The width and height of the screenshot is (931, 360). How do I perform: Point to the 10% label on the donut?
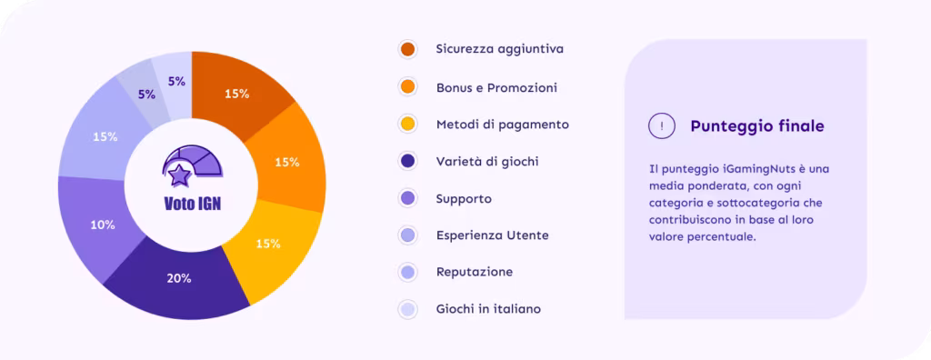[103, 225]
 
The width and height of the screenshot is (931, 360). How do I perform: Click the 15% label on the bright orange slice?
[286, 162]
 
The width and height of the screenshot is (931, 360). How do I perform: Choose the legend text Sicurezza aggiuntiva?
[499, 49]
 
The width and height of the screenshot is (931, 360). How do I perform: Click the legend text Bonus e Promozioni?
[496, 88]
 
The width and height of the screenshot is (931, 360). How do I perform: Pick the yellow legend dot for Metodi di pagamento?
[407, 125]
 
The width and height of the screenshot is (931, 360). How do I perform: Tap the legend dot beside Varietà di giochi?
[407, 161]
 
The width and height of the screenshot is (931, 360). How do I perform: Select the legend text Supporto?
[464, 199]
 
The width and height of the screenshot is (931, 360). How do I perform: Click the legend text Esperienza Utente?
[492, 235]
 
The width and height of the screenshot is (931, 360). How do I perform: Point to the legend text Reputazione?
[475, 273]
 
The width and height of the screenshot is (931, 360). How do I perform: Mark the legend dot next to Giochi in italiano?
[407, 309]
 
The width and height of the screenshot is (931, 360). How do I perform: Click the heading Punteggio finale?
[757, 126]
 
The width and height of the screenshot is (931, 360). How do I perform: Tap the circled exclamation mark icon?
[662, 125]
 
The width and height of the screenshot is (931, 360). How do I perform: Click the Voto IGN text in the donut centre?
[192, 203]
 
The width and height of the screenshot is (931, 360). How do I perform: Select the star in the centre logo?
[178, 175]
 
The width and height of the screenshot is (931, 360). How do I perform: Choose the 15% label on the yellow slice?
[268, 244]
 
